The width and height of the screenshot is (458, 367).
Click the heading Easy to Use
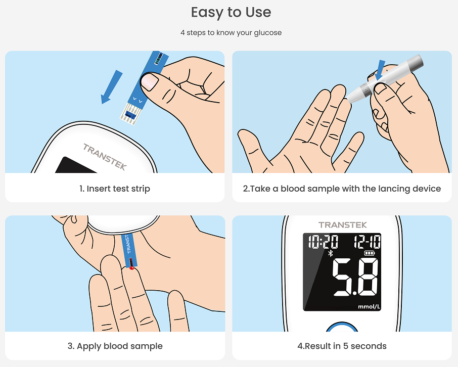tap(231, 12)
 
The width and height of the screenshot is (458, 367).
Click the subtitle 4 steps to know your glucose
tap(231, 32)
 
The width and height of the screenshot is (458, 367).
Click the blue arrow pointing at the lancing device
tap(381, 69)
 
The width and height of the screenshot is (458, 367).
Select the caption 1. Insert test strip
tap(115, 189)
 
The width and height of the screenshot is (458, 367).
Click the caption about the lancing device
tap(342, 189)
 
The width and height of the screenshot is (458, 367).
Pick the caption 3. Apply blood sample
tap(115, 346)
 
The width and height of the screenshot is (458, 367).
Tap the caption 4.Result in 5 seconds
tap(342, 346)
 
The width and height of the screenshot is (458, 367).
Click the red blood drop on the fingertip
tap(131, 268)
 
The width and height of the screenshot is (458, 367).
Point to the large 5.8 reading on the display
tap(355, 277)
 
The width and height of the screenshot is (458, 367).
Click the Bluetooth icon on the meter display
tap(331, 253)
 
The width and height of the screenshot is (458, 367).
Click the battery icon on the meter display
tap(370, 253)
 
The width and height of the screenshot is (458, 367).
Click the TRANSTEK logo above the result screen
tap(342, 225)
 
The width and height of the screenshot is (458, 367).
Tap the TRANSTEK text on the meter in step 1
tap(104, 157)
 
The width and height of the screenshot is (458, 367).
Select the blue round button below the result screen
tap(342, 328)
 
